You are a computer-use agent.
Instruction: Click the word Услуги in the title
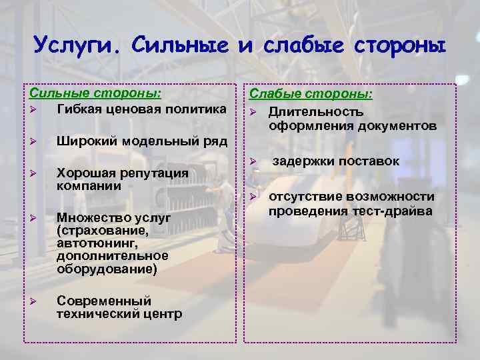(x=76, y=46)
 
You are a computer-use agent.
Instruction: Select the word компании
(x=89, y=186)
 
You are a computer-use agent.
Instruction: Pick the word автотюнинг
(x=97, y=243)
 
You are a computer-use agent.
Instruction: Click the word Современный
(x=105, y=301)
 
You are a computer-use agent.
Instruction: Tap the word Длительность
(x=316, y=113)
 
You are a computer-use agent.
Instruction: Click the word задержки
(x=301, y=161)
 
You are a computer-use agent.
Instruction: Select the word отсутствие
(x=306, y=197)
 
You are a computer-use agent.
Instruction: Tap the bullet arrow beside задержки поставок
(x=253, y=161)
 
